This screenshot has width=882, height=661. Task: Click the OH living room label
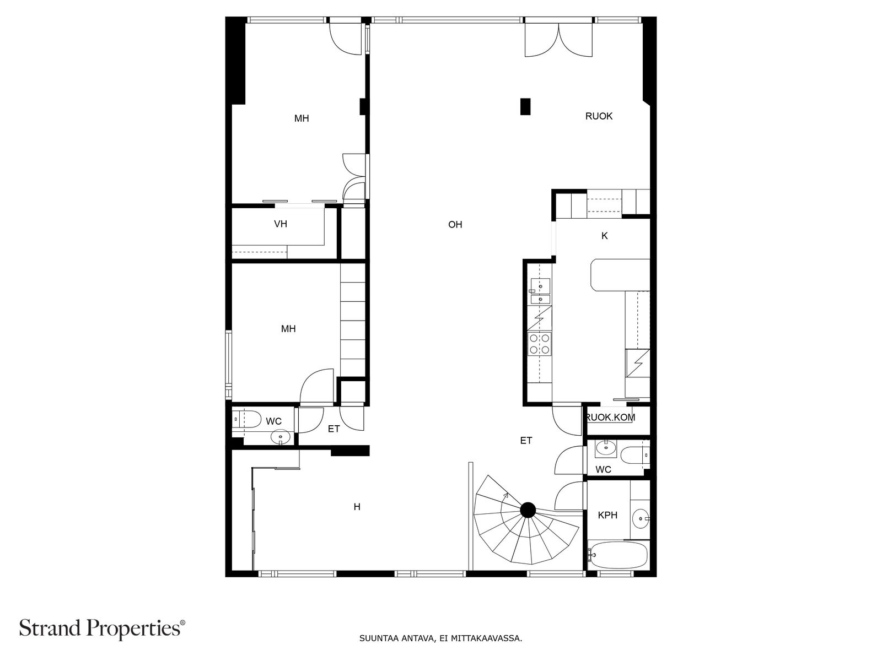455,225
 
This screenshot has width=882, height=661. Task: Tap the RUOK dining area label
599,116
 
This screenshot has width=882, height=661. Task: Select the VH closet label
281,224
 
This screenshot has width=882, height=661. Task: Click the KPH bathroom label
607,516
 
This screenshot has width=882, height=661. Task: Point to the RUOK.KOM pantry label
611,418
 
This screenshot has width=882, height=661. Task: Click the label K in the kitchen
604,236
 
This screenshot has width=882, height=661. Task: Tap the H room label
357,507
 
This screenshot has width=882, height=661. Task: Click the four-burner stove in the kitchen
539,344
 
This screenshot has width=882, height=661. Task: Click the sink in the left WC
281,438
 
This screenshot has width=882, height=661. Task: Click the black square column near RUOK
525,106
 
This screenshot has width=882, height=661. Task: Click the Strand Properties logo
102,628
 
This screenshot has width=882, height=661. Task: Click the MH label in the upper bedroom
302,118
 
